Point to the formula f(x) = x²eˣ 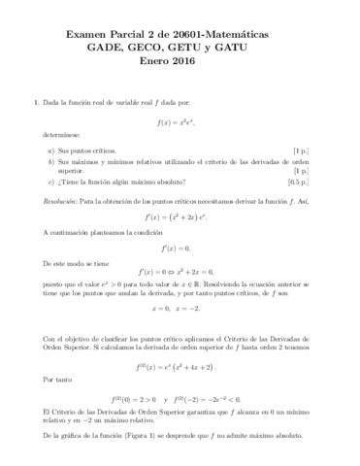(x=180, y=120)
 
